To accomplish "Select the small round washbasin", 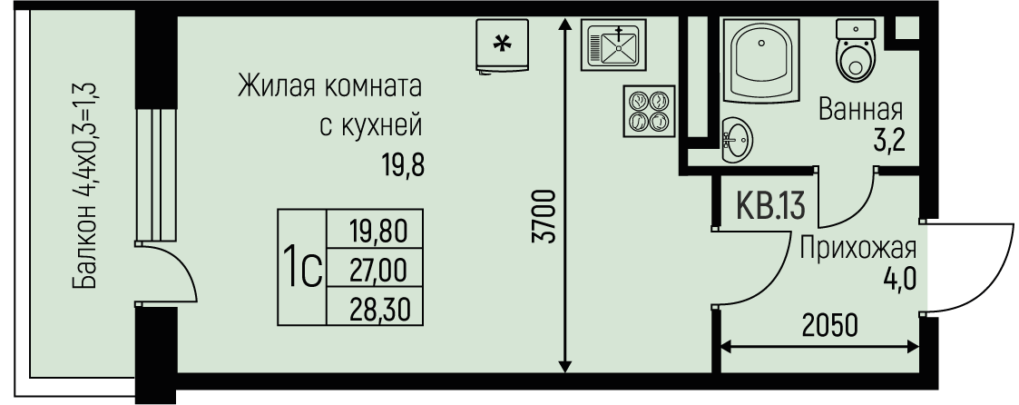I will pyautogui.click(x=737, y=141).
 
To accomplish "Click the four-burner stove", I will pyautogui.click(x=647, y=111).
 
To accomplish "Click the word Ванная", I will pyautogui.click(x=860, y=110).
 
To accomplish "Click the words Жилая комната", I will pyautogui.click(x=330, y=89).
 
